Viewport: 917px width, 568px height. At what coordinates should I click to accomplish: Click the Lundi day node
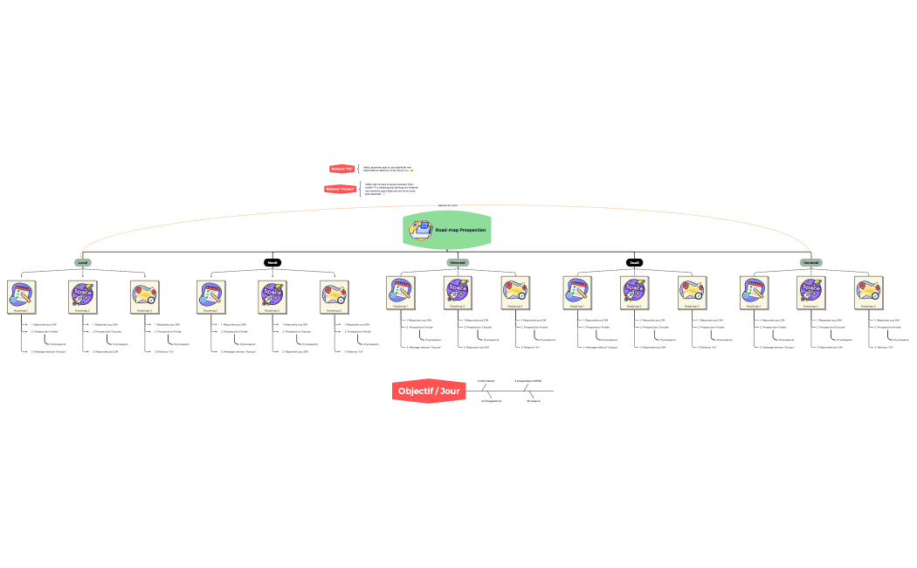coord(83,262)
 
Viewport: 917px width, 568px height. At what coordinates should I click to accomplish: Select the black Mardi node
coord(273,262)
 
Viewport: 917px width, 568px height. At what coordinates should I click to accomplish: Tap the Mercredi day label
coord(458,262)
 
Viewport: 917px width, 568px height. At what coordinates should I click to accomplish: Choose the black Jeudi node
coord(635,262)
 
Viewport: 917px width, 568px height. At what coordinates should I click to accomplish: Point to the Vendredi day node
coord(811,262)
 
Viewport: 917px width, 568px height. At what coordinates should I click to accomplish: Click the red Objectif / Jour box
coord(428,391)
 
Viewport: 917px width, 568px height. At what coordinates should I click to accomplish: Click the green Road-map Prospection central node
coord(447,230)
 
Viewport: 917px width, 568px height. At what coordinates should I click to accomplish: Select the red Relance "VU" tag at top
coord(341,169)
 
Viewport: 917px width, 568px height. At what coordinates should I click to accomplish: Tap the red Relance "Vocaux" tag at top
coord(341,189)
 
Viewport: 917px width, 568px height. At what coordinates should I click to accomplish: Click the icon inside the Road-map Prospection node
coord(421,230)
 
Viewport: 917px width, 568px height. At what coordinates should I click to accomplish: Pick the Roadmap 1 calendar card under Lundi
coord(21,295)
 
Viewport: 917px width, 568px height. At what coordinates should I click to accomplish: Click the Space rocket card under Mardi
coord(272,295)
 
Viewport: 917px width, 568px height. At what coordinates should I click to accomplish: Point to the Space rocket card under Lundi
coord(83,295)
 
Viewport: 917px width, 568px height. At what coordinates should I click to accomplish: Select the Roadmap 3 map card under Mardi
coord(334,295)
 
